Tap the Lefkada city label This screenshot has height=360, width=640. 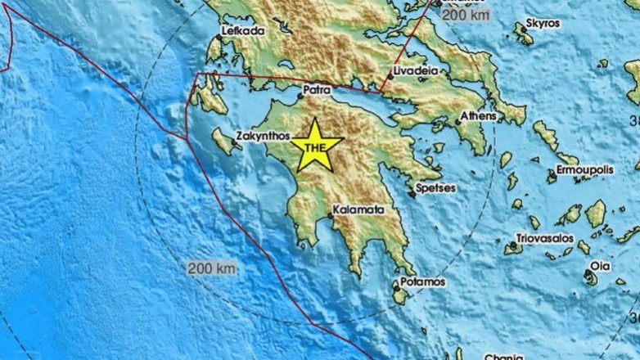(x=242, y=31)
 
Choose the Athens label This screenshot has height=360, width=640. (x=477, y=116)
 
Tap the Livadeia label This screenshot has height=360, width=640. (x=416, y=71)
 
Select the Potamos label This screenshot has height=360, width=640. (x=423, y=281)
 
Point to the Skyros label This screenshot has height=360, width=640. (x=543, y=23)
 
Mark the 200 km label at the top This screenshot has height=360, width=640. (x=466, y=14)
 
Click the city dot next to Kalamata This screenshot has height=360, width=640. (x=331, y=216)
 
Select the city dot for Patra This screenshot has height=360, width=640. (x=300, y=96)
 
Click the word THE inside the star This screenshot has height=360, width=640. (x=315, y=147)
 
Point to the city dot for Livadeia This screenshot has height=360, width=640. (x=389, y=79)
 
